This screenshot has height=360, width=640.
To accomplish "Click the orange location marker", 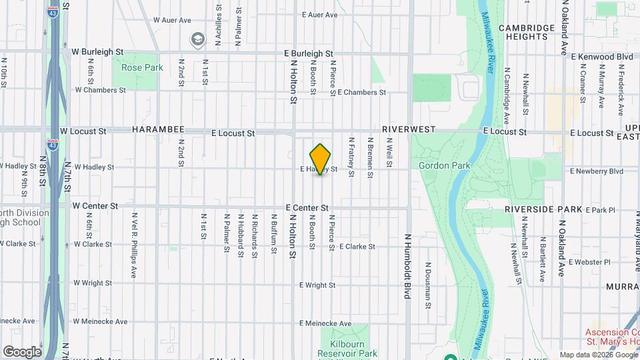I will point(321,159).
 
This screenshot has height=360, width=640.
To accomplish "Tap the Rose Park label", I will point(142,67).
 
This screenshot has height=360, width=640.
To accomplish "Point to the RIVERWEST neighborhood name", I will point(409,129).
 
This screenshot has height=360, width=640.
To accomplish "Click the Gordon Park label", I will point(445,165).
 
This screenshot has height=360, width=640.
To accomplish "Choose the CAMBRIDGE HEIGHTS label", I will point(527,32).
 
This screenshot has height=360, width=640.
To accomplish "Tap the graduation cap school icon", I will point(197,39).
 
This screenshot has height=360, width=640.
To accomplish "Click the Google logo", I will point(22,351).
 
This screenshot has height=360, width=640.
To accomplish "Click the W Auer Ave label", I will point(173,20).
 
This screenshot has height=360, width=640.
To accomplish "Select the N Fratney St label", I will point(351,158).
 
